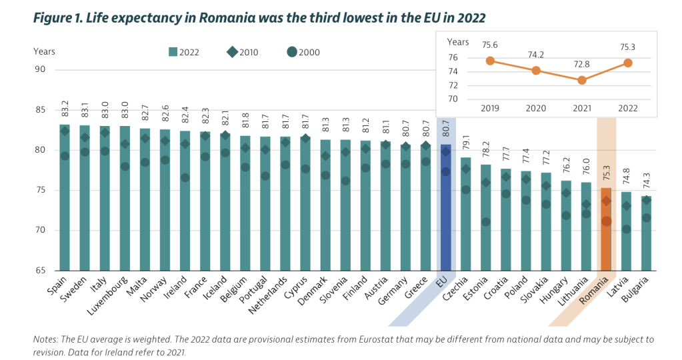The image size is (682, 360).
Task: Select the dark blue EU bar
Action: pos(445,207)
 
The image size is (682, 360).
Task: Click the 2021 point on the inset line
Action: pos(582,80)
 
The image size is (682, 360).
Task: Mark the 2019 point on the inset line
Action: pos(490,61)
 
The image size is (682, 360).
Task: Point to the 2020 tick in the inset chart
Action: pos(536,107)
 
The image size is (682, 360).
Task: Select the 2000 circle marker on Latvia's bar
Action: pos(626,229)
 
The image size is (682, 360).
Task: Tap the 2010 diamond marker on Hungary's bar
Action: pos(566,193)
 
